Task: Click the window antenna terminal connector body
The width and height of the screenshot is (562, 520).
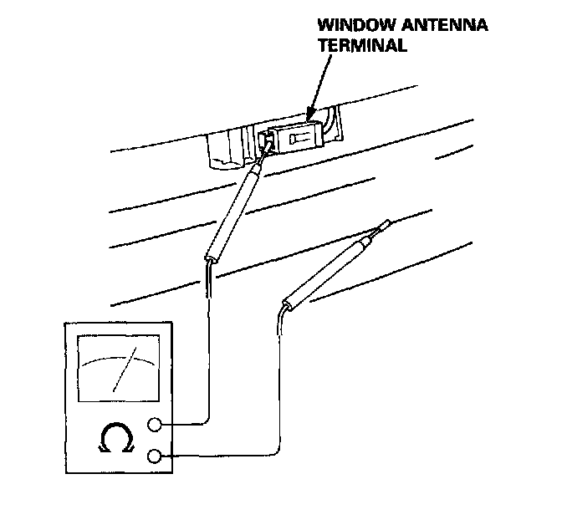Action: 298,139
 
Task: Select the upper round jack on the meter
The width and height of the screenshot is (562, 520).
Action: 154,425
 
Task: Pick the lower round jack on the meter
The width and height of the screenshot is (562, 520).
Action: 154,456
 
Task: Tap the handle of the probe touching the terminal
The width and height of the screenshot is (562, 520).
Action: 233,212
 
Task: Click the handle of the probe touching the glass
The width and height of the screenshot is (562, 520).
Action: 327,273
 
